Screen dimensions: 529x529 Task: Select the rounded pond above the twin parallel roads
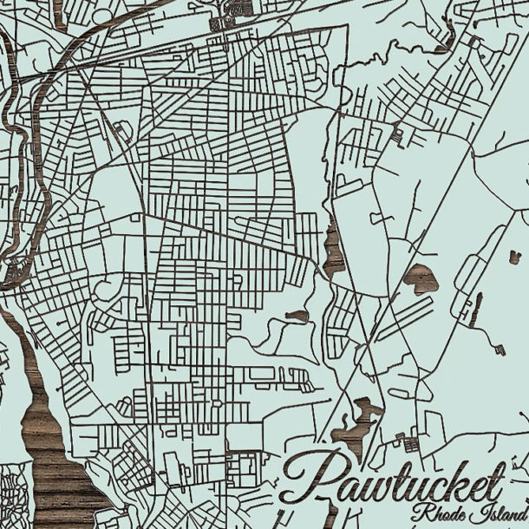click(420, 278)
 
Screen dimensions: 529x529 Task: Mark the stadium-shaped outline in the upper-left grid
click(121, 131)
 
